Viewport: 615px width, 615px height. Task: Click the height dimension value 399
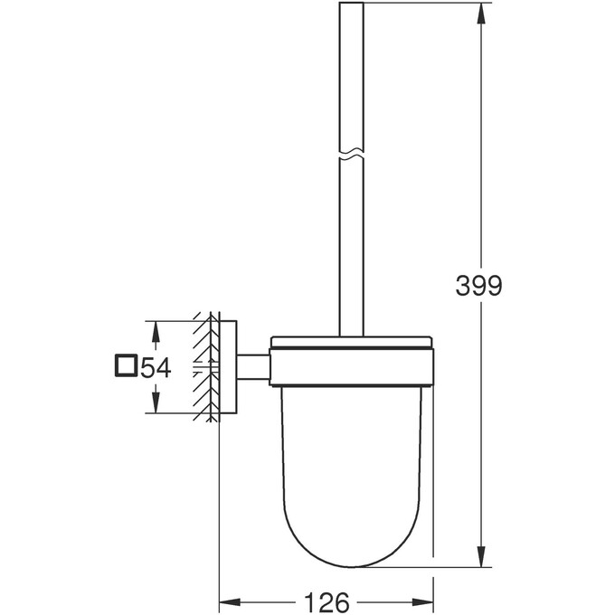coord(478,287)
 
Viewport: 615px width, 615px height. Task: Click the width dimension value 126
coord(327,601)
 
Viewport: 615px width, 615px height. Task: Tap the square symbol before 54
coord(126,366)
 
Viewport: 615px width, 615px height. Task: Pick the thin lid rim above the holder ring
coord(352,343)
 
